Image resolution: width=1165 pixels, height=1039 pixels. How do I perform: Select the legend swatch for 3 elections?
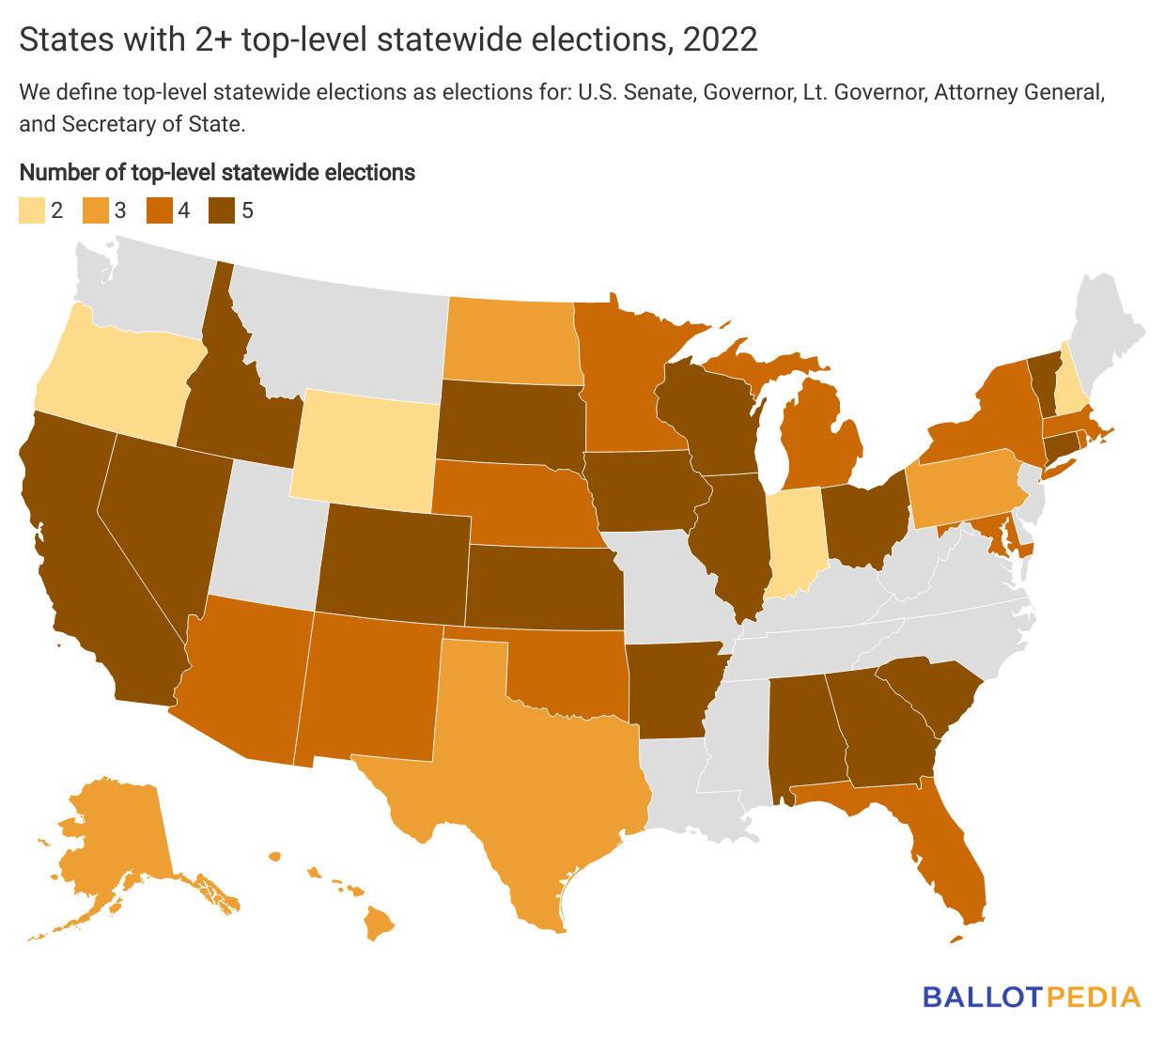pyautogui.click(x=94, y=210)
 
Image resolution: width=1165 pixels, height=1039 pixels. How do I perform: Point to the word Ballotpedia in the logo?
pyautogui.click(x=1031, y=997)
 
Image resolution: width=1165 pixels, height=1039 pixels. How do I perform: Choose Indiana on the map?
pyautogui.click(x=796, y=540)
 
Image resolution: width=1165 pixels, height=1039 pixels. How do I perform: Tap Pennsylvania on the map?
pyautogui.click(x=963, y=493)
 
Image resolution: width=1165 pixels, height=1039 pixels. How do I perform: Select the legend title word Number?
pyautogui.click(x=54, y=173)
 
